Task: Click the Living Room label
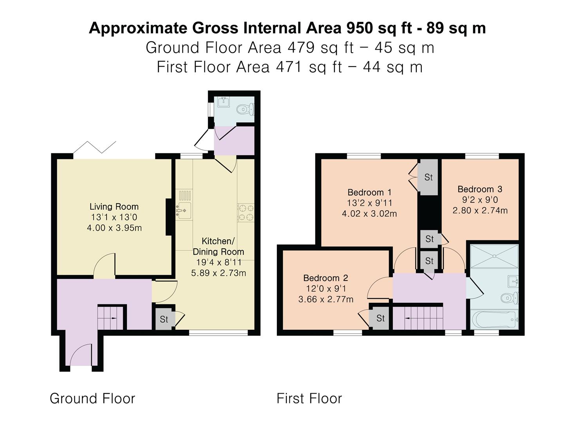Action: [x=114, y=206]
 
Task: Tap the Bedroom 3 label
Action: [x=480, y=189]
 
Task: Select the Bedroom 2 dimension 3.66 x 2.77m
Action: [x=326, y=299]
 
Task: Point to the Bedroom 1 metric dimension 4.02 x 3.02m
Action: [x=369, y=213]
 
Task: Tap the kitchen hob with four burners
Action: [x=246, y=212]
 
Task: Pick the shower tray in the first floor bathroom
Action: [x=494, y=256]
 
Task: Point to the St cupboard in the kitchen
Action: [x=164, y=319]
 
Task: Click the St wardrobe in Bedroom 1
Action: [x=428, y=177]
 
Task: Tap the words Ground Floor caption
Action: [x=92, y=398]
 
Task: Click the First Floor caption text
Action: [x=309, y=398]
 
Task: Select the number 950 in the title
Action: [x=359, y=28]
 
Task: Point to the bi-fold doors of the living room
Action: [x=94, y=147]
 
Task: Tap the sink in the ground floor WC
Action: [x=224, y=102]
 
